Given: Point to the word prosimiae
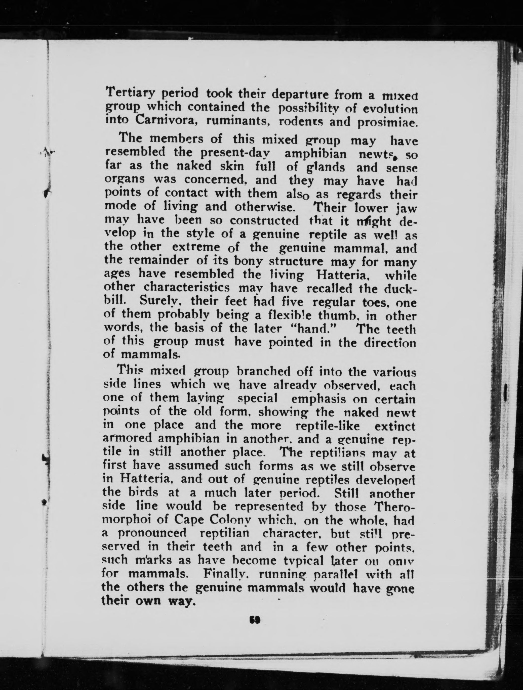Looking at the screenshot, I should click(x=387, y=122).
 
